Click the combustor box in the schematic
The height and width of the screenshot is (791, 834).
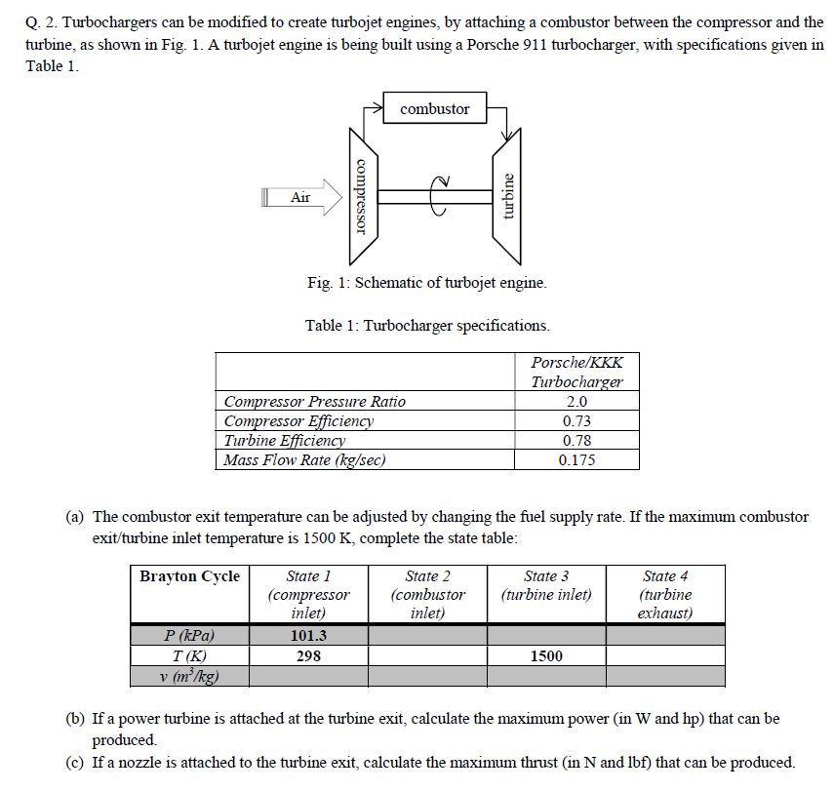coord(434,109)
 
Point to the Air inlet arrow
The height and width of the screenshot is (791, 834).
coord(302,197)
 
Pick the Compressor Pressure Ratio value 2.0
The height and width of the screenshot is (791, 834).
coord(576,402)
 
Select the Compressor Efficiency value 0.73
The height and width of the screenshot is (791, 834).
coord(576,421)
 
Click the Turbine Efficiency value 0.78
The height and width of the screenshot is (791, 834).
coord(576,441)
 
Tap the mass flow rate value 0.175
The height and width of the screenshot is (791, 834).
coord(576,460)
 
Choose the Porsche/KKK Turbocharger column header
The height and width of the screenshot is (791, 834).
coord(576,372)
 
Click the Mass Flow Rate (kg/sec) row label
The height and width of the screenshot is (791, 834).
coord(304,460)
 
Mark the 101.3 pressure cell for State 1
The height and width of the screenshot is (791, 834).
coord(308,636)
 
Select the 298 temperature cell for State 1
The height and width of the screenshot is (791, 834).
coord(308,656)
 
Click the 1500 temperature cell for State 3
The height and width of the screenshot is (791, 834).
coord(546,656)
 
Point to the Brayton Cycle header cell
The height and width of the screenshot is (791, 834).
coord(189,576)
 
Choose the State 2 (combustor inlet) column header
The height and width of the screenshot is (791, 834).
coord(427,594)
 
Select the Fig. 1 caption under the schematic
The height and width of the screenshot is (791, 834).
coord(426,283)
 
